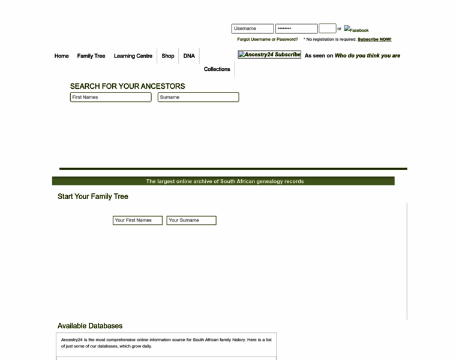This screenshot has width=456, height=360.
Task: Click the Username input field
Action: [x=253, y=28]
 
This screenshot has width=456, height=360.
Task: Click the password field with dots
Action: [x=296, y=28]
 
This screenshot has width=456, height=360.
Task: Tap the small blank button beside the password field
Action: [x=327, y=28]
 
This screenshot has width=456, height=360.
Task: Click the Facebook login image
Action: [x=356, y=29]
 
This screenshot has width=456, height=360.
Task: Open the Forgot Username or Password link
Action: [x=267, y=39]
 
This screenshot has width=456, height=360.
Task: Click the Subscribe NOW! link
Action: [x=374, y=39]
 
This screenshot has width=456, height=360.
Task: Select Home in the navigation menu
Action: [x=62, y=56]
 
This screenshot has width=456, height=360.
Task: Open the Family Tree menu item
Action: [x=91, y=56]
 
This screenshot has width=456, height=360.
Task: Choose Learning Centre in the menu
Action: [x=133, y=56]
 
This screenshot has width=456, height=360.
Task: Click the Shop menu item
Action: [x=168, y=56]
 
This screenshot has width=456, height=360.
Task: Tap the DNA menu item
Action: [x=189, y=56]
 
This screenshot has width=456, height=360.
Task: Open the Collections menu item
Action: [x=217, y=69]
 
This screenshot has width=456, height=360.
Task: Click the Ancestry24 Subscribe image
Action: [x=269, y=55]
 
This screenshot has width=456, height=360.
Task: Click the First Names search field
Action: [x=110, y=97]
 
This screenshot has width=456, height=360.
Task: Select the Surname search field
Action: [x=198, y=97]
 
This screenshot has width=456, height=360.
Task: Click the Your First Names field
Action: [x=137, y=220]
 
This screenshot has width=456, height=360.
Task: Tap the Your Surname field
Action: [x=191, y=220]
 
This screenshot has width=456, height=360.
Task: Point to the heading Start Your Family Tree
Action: [x=93, y=196]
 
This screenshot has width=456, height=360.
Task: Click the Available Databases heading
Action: [x=90, y=326]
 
